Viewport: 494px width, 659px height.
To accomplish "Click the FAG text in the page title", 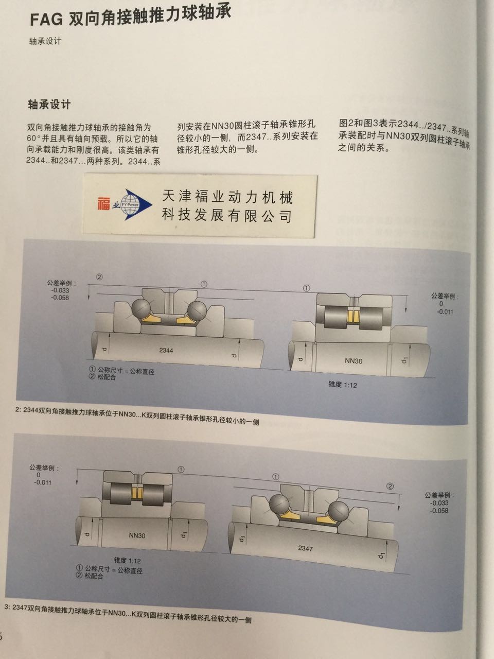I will point(45,20).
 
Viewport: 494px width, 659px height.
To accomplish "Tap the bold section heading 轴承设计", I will point(49,104).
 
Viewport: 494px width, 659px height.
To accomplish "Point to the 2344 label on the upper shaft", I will point(166,350).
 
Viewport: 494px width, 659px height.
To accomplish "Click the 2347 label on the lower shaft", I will point(305,548).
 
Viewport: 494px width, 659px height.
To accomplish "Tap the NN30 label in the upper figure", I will point(354,361).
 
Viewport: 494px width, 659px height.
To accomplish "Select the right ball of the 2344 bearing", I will point(198,311).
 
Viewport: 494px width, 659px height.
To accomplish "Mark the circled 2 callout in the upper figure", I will point(99,276).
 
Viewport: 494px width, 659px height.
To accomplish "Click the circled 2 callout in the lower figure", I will point(390,486).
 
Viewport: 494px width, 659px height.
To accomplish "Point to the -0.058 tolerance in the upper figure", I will point(60,298).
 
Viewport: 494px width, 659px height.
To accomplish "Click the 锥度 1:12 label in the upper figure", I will point(342,384).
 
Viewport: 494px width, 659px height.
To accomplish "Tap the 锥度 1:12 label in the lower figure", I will point(127,560).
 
